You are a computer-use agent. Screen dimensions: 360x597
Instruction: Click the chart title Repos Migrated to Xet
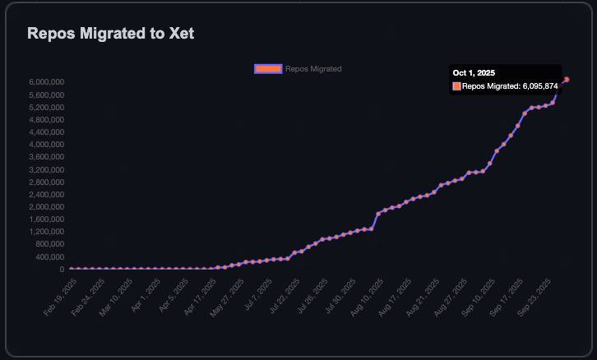(x=111, y=34)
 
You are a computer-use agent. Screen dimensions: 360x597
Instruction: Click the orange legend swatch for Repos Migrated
(x=268, y=69)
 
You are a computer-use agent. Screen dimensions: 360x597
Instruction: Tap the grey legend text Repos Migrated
(x=313, y=69)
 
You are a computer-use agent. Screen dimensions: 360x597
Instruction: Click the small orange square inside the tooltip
(x=456, y=85)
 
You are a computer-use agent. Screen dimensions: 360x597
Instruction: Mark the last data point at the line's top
(x=567, y=79)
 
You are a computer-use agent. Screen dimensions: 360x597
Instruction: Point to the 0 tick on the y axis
(x=62, y=269)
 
